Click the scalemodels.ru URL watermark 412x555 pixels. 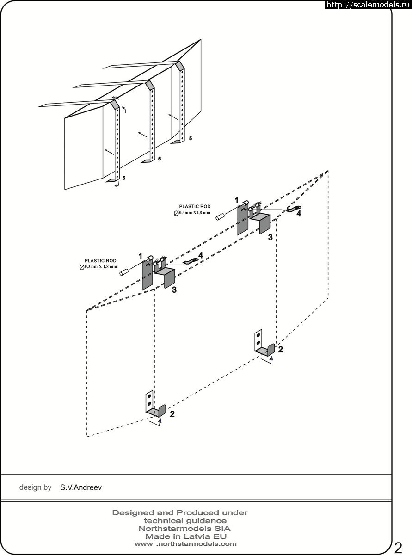(x=368, y=5)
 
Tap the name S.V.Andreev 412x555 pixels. (x=81, y=487)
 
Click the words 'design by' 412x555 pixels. (x=35, y=487)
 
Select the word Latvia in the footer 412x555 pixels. (x=197, y=536)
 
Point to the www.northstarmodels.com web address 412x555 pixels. (x=185, y=544)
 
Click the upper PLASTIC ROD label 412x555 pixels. (x=195, y=206)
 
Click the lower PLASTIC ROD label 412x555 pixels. (x=100, y=261)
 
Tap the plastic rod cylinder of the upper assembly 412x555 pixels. (x=221, y=217)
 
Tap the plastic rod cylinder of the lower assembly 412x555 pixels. (x=124, y=272)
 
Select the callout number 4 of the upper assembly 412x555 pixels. (x=299, y=213)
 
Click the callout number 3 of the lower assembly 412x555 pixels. (x=174, y=290)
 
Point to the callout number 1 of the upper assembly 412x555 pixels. (x=237, y=200)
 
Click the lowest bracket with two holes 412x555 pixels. (x=155, y=407)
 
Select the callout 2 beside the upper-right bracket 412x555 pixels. (x=280, y=349)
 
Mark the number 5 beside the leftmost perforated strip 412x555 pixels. (x=124, y=178)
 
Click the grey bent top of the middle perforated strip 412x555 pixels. (x=150, y=85)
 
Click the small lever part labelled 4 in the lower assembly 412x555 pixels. (x=191, y=261)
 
